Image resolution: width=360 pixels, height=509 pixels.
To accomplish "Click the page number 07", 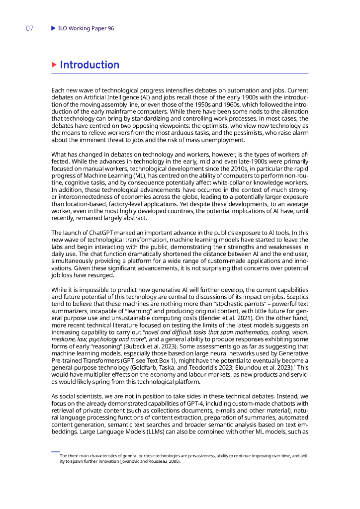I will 29,28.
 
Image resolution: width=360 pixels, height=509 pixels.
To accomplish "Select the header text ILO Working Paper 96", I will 86,28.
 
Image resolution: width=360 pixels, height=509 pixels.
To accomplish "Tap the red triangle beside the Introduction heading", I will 54,65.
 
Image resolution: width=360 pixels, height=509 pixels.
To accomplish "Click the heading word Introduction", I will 90,65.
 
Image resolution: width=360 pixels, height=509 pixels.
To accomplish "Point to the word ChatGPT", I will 102,233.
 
